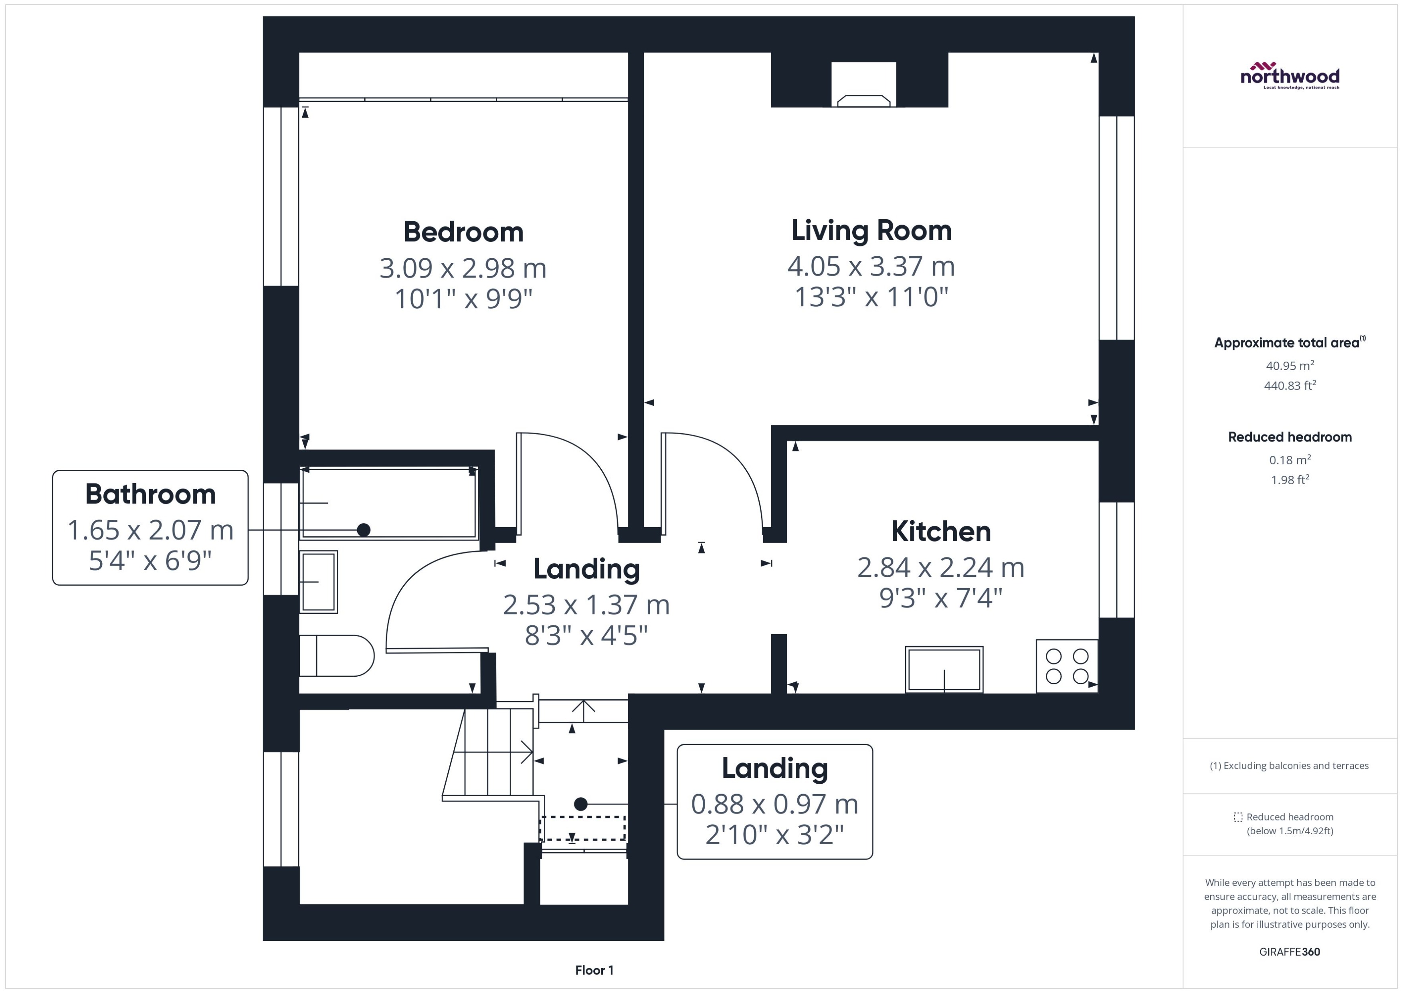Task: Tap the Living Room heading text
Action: pyautogui.click(x=871, y=231)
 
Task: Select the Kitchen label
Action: pyautogui.click(x=940, y=531)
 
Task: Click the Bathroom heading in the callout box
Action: pyautogui.click(x=150, y=494)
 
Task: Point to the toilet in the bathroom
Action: pyautogui.click(x=336, y=655)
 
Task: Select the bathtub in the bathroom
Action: pyautogui.click(x=389, y=503)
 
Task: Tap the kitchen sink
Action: pyautogui.click(x=944, y=669)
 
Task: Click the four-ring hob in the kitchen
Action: pyautogui.click(x=1067, y=666)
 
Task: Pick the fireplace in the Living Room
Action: pyautogui.click(x=863, y=92)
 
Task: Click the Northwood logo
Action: pyautogui.click(x=1290, y=76)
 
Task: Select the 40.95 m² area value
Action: pyautogui.click(x=1290, y=366)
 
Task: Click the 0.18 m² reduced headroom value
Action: pyautogui.click(x=1290, y=460)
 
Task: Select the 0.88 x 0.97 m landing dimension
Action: pyautogui.click(x=774, y=804)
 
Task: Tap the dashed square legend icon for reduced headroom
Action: pyautogui.click(x=1238, y=817)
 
